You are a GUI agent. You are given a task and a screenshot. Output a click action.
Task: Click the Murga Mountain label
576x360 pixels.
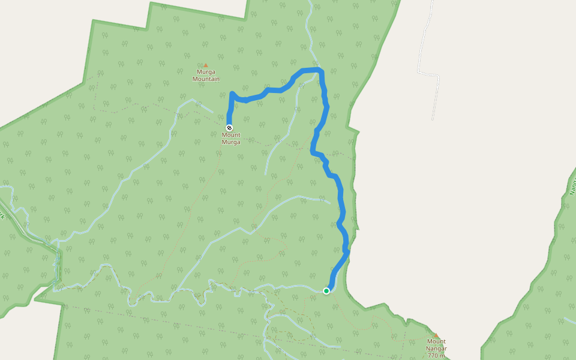[206, 76]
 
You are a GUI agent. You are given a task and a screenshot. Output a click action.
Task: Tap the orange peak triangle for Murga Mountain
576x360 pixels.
[205, 65]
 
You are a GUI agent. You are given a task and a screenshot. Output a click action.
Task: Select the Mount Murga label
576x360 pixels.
[230, 139]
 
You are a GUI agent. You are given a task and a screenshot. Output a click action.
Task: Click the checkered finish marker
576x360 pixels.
[229, 128]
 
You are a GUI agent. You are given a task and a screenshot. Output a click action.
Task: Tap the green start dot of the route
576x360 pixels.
[326, 291]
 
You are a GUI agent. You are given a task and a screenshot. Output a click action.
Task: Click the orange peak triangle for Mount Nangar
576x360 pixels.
[436, 336]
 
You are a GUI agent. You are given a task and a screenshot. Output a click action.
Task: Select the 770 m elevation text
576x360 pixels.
[436, 356]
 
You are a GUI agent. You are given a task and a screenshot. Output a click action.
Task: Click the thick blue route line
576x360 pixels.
[341, 204]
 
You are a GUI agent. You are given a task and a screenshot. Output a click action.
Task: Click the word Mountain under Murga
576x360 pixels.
[206, 79]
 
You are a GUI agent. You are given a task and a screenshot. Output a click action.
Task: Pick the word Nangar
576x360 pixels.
[436, 349]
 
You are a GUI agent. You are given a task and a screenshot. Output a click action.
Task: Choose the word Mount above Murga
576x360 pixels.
[231, 135]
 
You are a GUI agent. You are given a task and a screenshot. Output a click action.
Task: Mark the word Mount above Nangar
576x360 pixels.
[436, 341]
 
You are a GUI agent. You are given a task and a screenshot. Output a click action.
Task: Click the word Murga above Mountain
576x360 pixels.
[206, 72]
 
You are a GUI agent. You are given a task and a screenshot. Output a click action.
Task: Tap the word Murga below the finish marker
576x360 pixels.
[231, 142]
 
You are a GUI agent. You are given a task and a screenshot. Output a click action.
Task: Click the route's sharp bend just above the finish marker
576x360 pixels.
[232, 94]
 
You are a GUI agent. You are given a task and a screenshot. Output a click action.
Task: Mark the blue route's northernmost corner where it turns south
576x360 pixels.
[321, 71]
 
